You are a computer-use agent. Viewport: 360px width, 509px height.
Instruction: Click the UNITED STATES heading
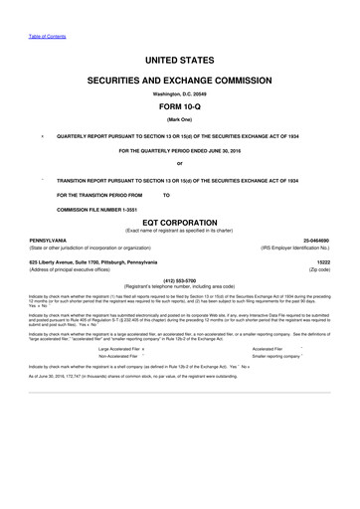[x=180, y=61]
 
